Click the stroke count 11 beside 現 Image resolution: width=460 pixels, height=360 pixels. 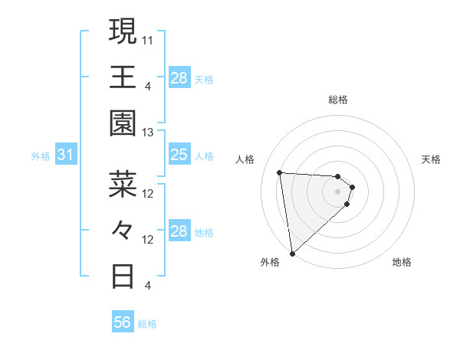[148, 39]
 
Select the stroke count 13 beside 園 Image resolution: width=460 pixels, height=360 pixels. [148, 133]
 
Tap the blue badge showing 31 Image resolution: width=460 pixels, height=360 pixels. [66, 155]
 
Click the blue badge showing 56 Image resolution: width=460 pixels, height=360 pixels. [122, 322]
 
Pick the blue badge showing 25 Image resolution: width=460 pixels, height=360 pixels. [179, 155]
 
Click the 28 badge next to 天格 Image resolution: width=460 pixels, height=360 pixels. [179, 77]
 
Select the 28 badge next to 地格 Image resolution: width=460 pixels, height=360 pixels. [179, 231]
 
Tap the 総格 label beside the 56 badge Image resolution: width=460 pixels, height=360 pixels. [147, 324]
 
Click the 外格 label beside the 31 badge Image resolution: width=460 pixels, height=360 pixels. [41, 156]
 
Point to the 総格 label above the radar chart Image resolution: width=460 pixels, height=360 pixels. [338, 100]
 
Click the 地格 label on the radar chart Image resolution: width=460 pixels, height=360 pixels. [402, 262]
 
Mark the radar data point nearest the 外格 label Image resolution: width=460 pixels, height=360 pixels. [292, 253]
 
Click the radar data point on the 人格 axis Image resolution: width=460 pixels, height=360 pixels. [280, 172]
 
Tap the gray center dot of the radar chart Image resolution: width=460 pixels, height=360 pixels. [338, 191]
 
